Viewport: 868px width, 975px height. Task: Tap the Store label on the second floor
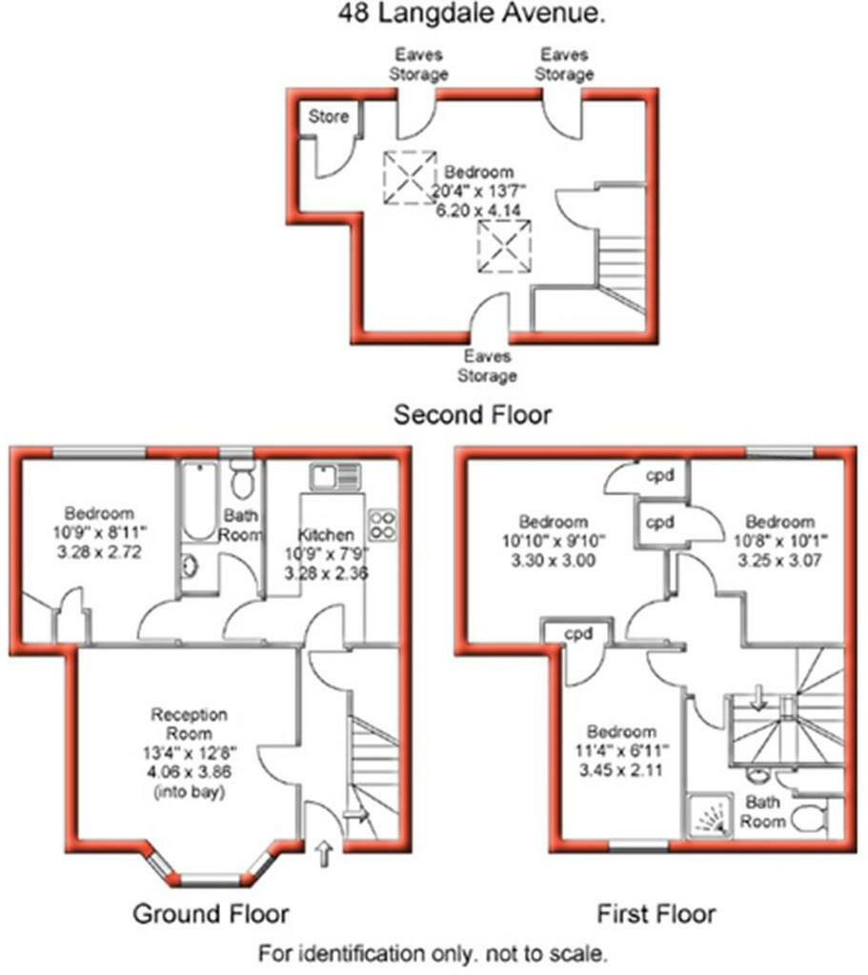pyautogui.click(x=328, y=118)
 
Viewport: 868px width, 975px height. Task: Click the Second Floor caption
pyautogui.click(x=473, y=415)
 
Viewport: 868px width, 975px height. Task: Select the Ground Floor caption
pyautogui.click(x=210, y=914)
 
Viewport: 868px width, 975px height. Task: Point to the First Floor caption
pyautogui.click(x=656, y=914)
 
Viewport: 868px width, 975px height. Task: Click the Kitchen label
pyautogui.click(x=326, y=535)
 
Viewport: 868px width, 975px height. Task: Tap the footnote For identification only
pyautogui.click(x=433, y=951)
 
